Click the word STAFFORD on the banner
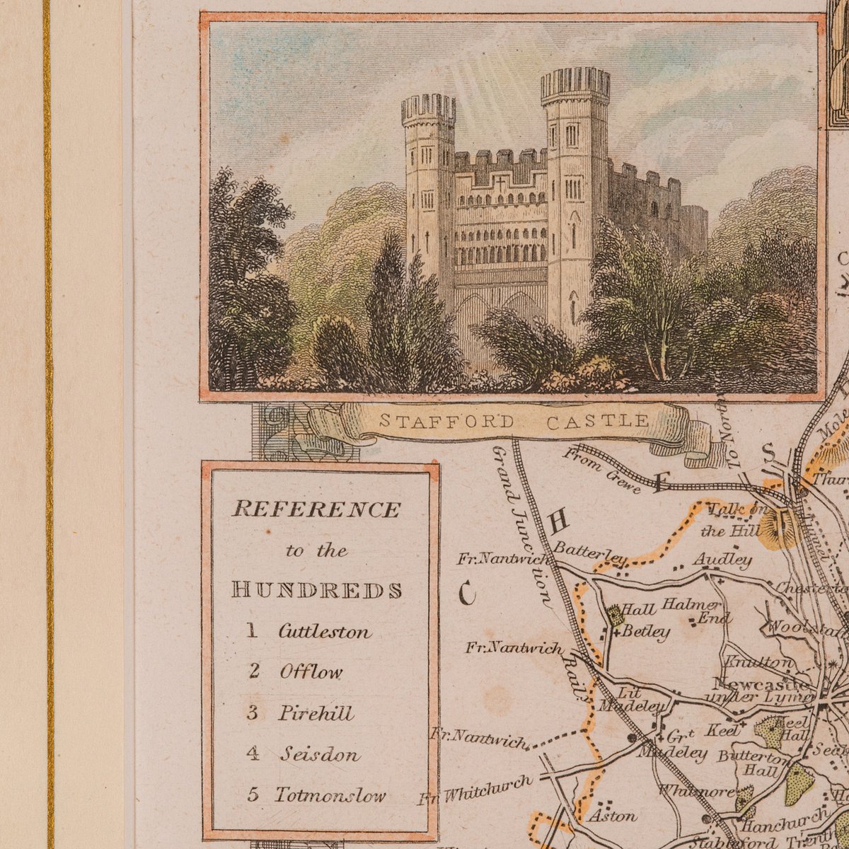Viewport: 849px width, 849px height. click(447, 422)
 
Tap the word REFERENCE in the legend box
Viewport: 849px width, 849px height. click(316, 509)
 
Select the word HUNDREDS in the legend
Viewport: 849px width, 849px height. click(317, 590)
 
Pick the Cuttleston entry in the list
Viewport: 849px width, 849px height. click(324, 631)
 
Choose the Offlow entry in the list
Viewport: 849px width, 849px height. click(311, 671)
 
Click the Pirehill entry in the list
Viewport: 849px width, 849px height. click(316, 712)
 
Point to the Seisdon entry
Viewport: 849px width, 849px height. click(319, 753)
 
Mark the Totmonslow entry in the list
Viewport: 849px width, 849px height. click(330, 795)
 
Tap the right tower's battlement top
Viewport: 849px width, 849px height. click(575, 84)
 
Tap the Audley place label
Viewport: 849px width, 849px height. click(722, 560)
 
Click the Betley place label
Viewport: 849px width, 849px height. click(645, 632)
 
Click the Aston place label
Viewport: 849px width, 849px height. click(613, 816)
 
